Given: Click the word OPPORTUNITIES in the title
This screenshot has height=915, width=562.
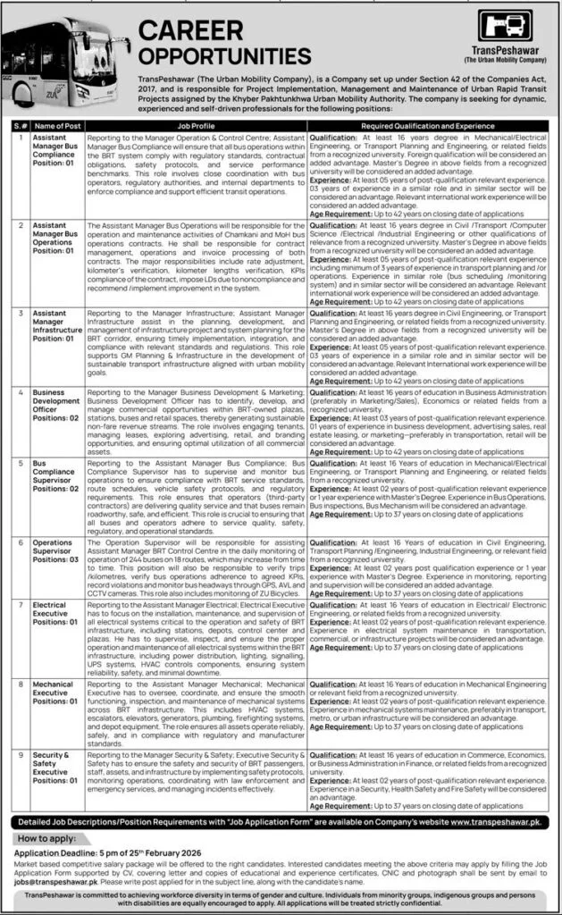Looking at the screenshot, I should click(225, 56).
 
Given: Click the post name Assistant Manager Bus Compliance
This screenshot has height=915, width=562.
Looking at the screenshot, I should click(55, 149).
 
